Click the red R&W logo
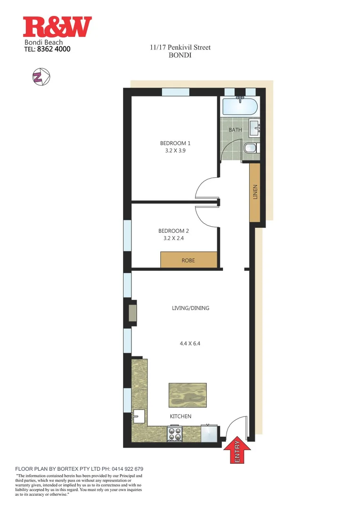pyautogui.click(x=57, y=27)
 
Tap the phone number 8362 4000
pyautogui.click(x=54, y=48)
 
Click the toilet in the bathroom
pyautogui.click(x=250, y=148)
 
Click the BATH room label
pyautogui.click(x=235, y=130)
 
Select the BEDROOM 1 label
pyautogui.click(x=175, y=143)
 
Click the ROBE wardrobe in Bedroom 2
pyautogui.click(x=188, y=260)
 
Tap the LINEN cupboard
pyautogui.click(x=255, y=192)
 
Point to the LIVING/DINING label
pyautogui.click(x=190, y=308)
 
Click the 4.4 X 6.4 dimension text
pyautogui.click(x=190, y=344)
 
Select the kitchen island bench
pyautogui.click(x=188, y=395)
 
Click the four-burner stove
pyautogui.click(x=175, y=433)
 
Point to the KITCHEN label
pyautogui.click(x=181, y=416)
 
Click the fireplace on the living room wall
pyautogui.click(x=132, y=312)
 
